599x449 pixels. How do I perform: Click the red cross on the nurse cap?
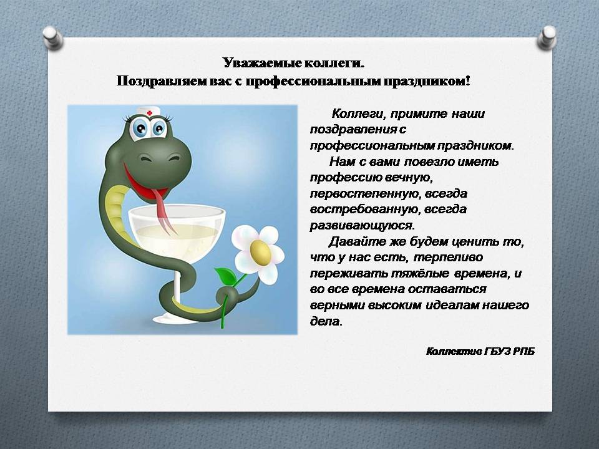[149, 113]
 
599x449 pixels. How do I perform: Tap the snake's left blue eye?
[140, 127]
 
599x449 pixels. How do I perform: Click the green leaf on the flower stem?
[225, 276]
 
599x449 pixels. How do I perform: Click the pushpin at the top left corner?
[52, 37]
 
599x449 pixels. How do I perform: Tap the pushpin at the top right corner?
[547, 37]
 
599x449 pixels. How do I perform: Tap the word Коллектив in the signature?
[454, 351]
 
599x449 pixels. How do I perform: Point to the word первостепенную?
[365, 193]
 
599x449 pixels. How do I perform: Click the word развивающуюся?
[362, 226]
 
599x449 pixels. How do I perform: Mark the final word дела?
[326, 321]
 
